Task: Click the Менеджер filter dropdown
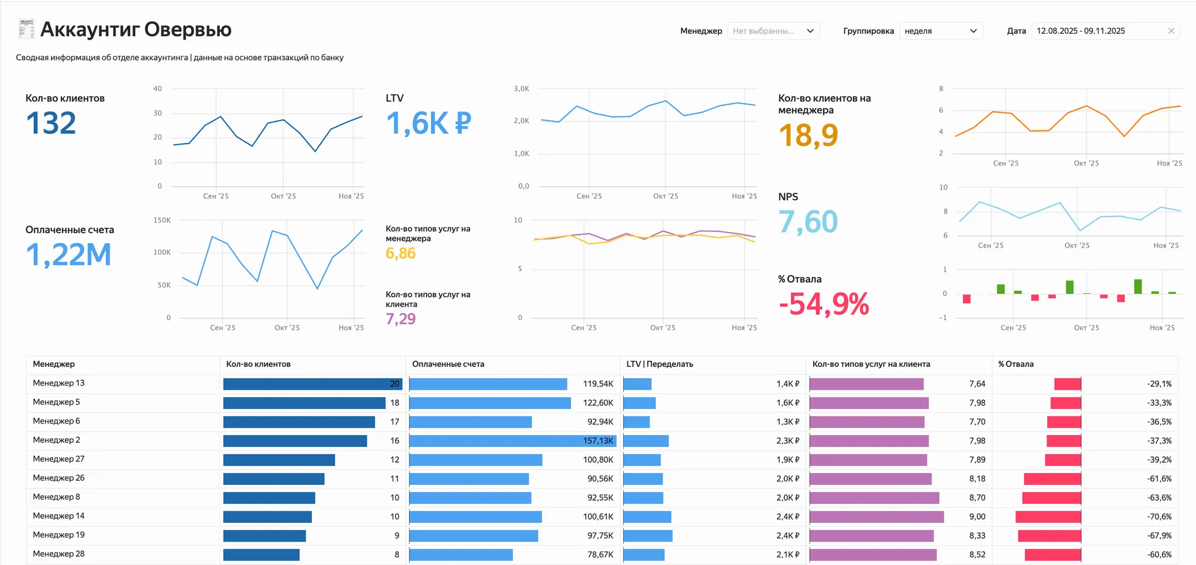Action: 773,31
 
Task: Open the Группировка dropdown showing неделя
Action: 940,31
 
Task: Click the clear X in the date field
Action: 1171,31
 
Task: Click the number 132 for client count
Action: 51,123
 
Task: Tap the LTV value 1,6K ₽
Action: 428,123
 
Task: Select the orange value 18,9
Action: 808,136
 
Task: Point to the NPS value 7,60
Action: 808,222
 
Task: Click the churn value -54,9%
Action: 823,304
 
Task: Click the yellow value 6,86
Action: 401,254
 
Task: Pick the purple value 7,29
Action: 401,319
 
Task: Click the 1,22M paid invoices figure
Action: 68,255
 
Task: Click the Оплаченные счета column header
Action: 448,364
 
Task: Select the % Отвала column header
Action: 1016,364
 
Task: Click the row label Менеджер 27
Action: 58,459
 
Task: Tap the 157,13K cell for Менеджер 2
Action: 598,441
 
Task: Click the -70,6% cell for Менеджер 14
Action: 1159,517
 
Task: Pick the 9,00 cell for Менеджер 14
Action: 977,517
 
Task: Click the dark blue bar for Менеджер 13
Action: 310,384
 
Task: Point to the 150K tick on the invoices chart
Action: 162,220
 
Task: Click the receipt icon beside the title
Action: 26,29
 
